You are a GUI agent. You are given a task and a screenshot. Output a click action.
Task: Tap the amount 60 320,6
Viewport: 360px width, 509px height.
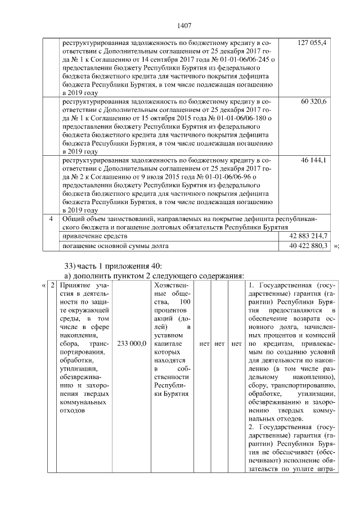(x=316, y=101)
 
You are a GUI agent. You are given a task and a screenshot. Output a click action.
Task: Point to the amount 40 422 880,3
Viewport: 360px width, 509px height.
(x=308, y=246)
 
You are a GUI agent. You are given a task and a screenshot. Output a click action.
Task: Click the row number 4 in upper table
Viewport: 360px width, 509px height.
(x=51, y=219)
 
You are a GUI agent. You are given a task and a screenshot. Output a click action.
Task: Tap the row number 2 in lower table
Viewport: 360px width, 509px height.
(x=51, y=286)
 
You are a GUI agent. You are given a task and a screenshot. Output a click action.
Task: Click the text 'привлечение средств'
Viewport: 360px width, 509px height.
(x=94, y=236)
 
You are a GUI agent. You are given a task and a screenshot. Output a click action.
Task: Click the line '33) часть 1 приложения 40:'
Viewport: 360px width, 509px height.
(x=112, y=265)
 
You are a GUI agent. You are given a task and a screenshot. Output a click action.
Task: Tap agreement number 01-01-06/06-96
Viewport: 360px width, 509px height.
(x=233, y=177)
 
